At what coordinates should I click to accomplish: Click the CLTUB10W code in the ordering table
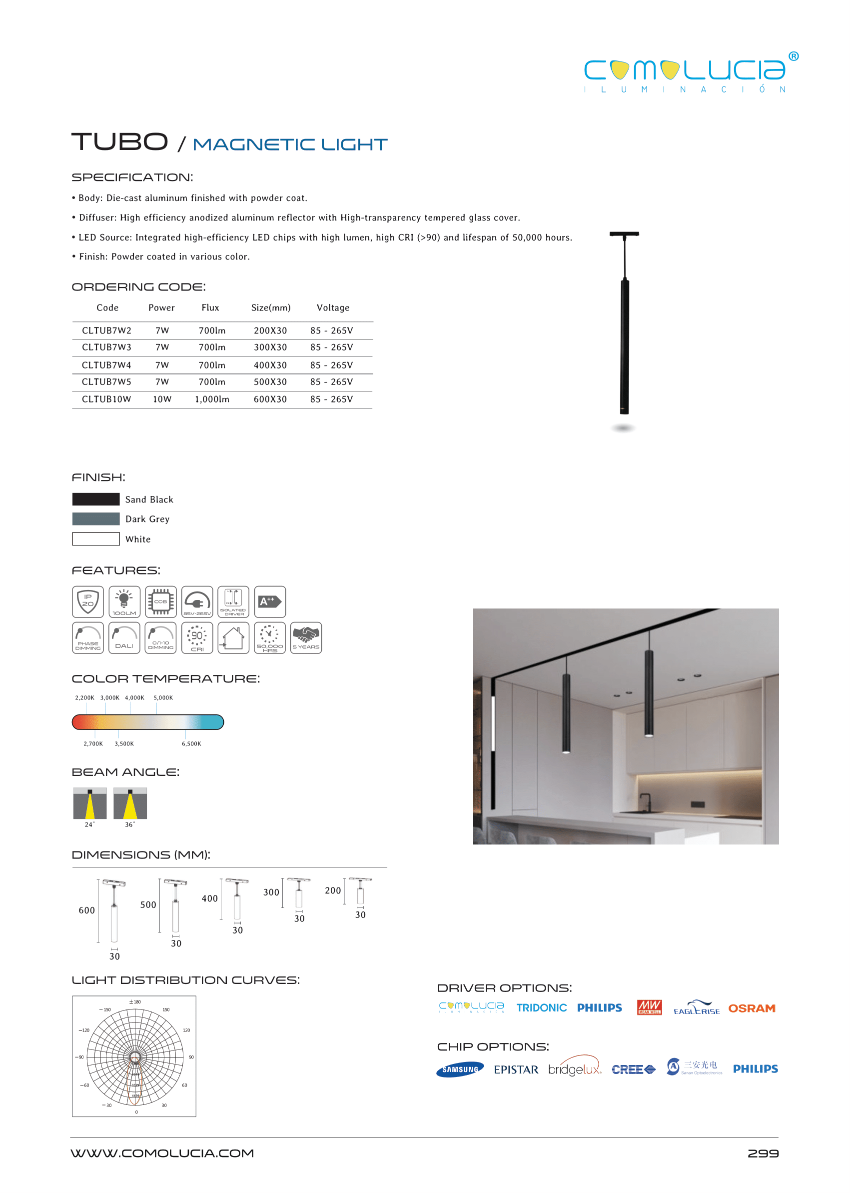[106, 399]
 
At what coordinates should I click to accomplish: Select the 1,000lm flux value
[212, 399]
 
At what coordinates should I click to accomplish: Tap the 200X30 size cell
[270, 330]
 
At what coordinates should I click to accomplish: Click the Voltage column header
[333, 308]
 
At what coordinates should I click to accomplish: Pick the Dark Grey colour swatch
[96, 519]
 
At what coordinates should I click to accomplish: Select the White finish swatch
[96, 539]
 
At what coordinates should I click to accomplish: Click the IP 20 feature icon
[88, 601]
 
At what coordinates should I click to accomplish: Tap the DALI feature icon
[124, 637]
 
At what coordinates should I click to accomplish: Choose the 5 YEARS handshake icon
[306, 637]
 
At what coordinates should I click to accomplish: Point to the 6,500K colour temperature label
[191, 743]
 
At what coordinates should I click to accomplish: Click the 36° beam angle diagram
[130, 803]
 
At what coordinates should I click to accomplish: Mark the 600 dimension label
[86, 910]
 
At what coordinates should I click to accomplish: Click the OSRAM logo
[752, 1008]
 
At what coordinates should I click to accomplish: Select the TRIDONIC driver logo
[541, 1007]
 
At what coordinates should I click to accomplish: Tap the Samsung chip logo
[460, 1069]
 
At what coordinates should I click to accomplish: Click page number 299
[763, 1153]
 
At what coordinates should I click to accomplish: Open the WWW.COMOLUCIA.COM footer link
[162, 1153]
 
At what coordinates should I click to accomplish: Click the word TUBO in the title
[120, 142]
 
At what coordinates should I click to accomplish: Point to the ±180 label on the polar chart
[135, 1002]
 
